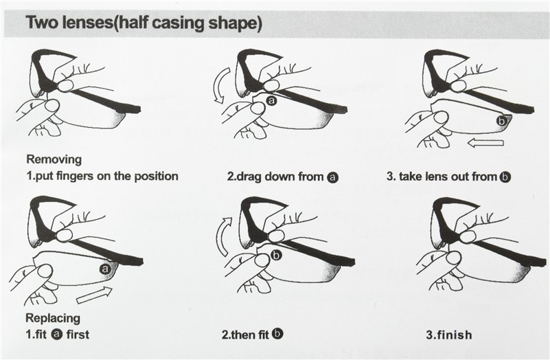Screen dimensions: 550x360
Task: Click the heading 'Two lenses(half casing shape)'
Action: [144, 23]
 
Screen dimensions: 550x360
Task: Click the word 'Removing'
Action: [54, 159]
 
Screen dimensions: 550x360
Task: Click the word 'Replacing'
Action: [53, 318]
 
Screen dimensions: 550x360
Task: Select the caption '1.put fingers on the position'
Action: [102, 176]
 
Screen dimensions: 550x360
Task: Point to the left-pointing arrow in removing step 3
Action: [486, 143]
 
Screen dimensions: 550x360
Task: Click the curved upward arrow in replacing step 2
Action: [221, 237]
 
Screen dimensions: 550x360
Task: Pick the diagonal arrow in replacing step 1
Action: [95, 295]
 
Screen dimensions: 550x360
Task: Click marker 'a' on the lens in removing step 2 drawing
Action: [272, 101]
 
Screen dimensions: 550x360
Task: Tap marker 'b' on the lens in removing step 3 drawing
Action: [502, 121]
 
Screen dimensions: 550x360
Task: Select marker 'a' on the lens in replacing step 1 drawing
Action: [105, 269]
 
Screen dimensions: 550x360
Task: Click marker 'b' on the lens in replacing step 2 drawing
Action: [277, 256]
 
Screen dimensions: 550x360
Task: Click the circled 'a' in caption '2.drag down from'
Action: [332, 177]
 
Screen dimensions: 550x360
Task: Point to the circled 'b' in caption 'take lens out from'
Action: [505, 177]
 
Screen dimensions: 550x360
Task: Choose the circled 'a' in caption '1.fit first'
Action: [56, 335]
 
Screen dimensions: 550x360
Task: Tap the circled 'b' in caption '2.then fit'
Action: [277, 334]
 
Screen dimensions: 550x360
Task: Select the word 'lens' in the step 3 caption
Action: [435, 176]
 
